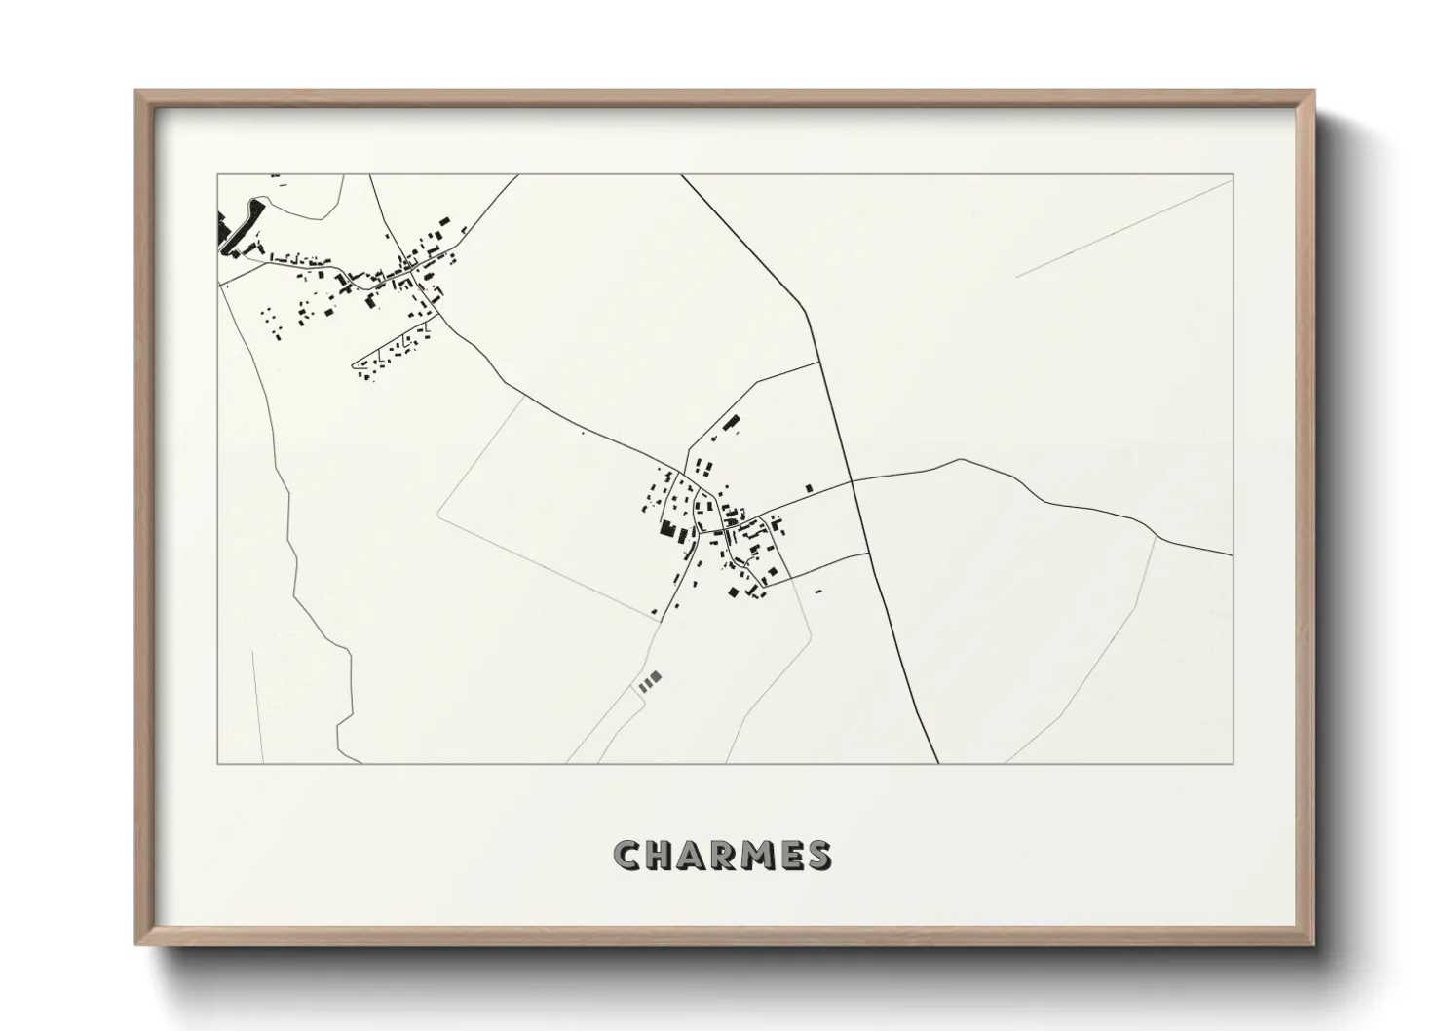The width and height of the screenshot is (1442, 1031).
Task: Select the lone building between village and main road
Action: coord(809,487)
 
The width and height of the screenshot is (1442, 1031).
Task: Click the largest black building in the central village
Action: coord(668,529)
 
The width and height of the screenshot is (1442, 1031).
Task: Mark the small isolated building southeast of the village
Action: coord(818,591)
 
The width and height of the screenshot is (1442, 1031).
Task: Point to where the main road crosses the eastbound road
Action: coord(853,480)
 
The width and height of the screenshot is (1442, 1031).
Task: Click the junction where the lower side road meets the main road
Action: coord(868,554)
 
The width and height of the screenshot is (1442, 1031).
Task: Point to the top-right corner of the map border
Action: coord(1233,175)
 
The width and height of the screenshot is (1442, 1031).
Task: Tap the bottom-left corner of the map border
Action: coord(217,763)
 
